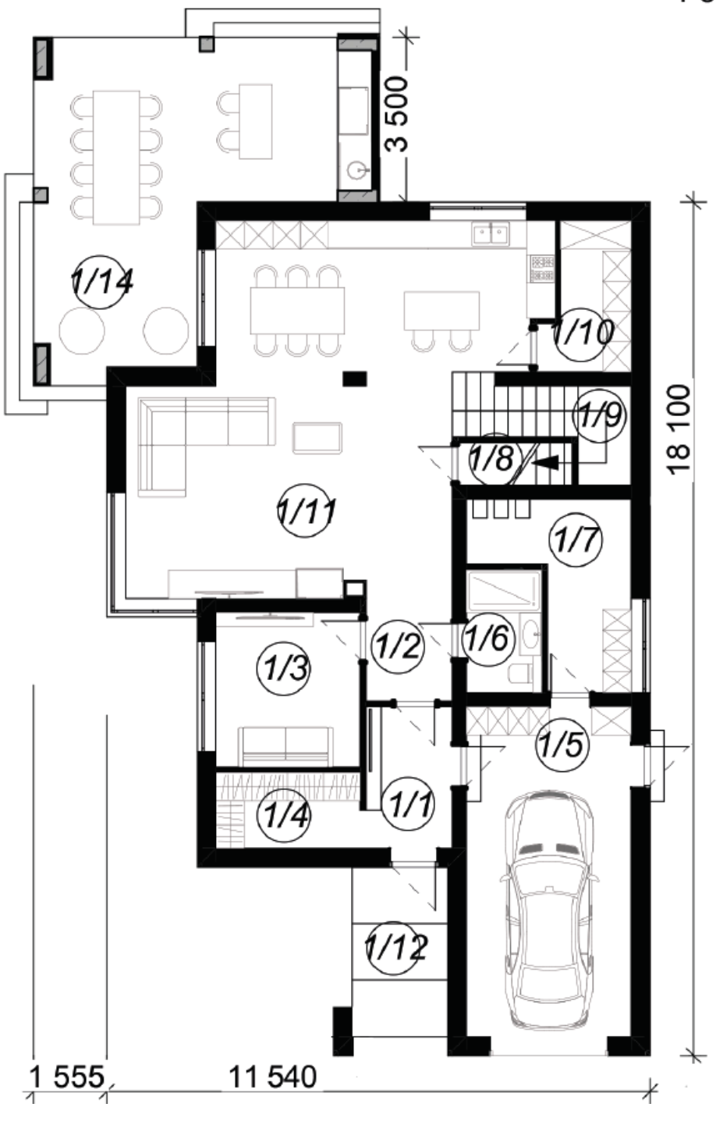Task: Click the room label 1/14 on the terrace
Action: click(102, 282)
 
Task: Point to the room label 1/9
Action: click(600, 416)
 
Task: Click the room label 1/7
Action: click(576, 539)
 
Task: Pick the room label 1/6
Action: click(487, 638)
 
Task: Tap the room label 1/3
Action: click(284, 669)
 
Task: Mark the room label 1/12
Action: click(395, 949)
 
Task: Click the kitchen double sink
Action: click(491, 234)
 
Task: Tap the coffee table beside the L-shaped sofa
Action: click(317, 438)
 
